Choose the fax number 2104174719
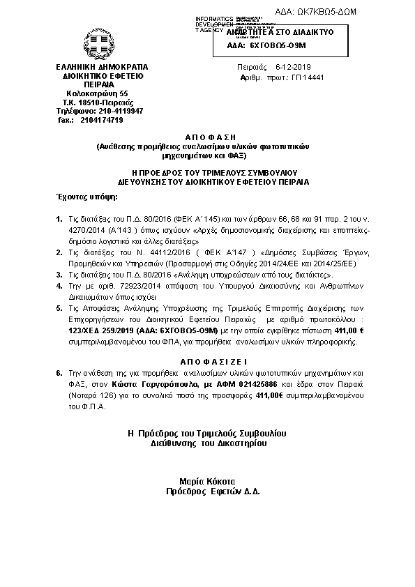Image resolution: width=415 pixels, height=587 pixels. [x=101, y=120]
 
